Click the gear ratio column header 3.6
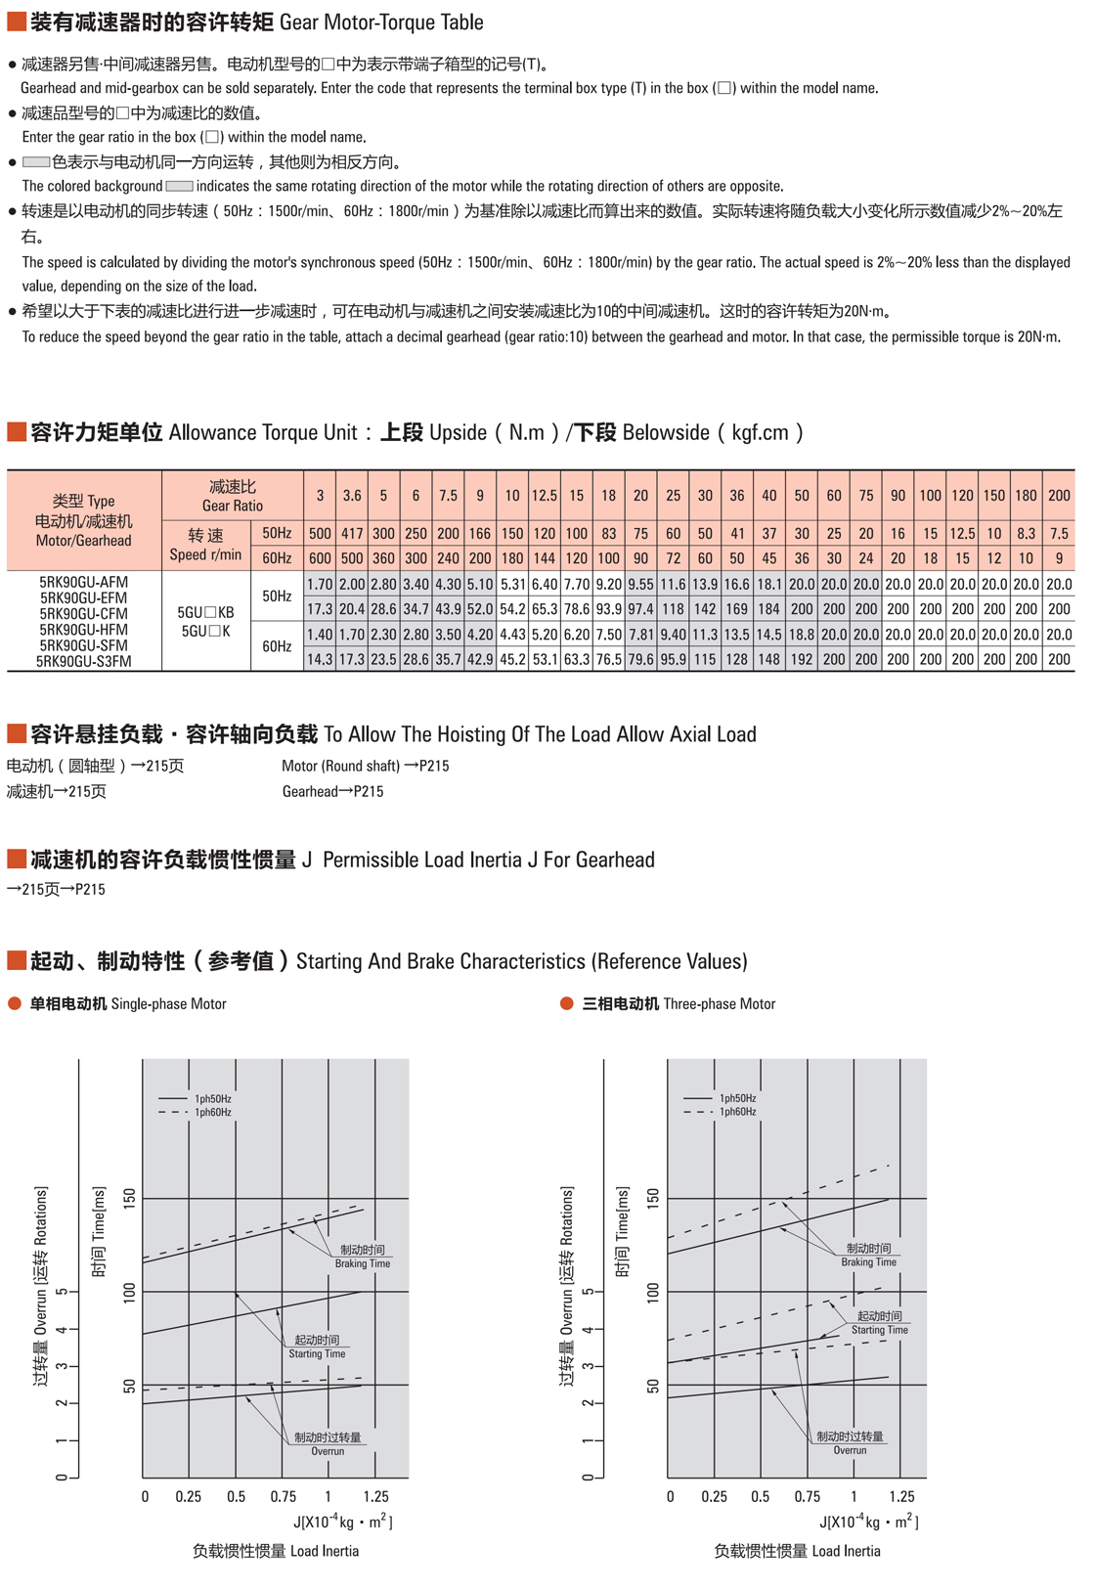coord(352,496)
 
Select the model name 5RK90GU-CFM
coord(84,614)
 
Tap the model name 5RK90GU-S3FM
coord(84,661)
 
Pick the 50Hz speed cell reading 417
coord(352,534)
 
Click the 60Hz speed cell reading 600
coord(320,558)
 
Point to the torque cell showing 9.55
coord(640,585)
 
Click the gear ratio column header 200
coord(1059,496)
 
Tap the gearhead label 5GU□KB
coord(205,613)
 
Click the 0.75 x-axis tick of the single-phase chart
coord(283,1496)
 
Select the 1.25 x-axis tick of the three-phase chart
coord(901,1496)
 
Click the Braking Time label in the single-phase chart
coord(362,1263)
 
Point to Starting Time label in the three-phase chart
coord(879,1330)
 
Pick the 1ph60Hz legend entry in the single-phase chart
coord(212,1112)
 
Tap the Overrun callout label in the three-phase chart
coord(850,1450)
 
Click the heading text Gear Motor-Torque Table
coord(381,22)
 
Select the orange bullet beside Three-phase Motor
coord(566,1004)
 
